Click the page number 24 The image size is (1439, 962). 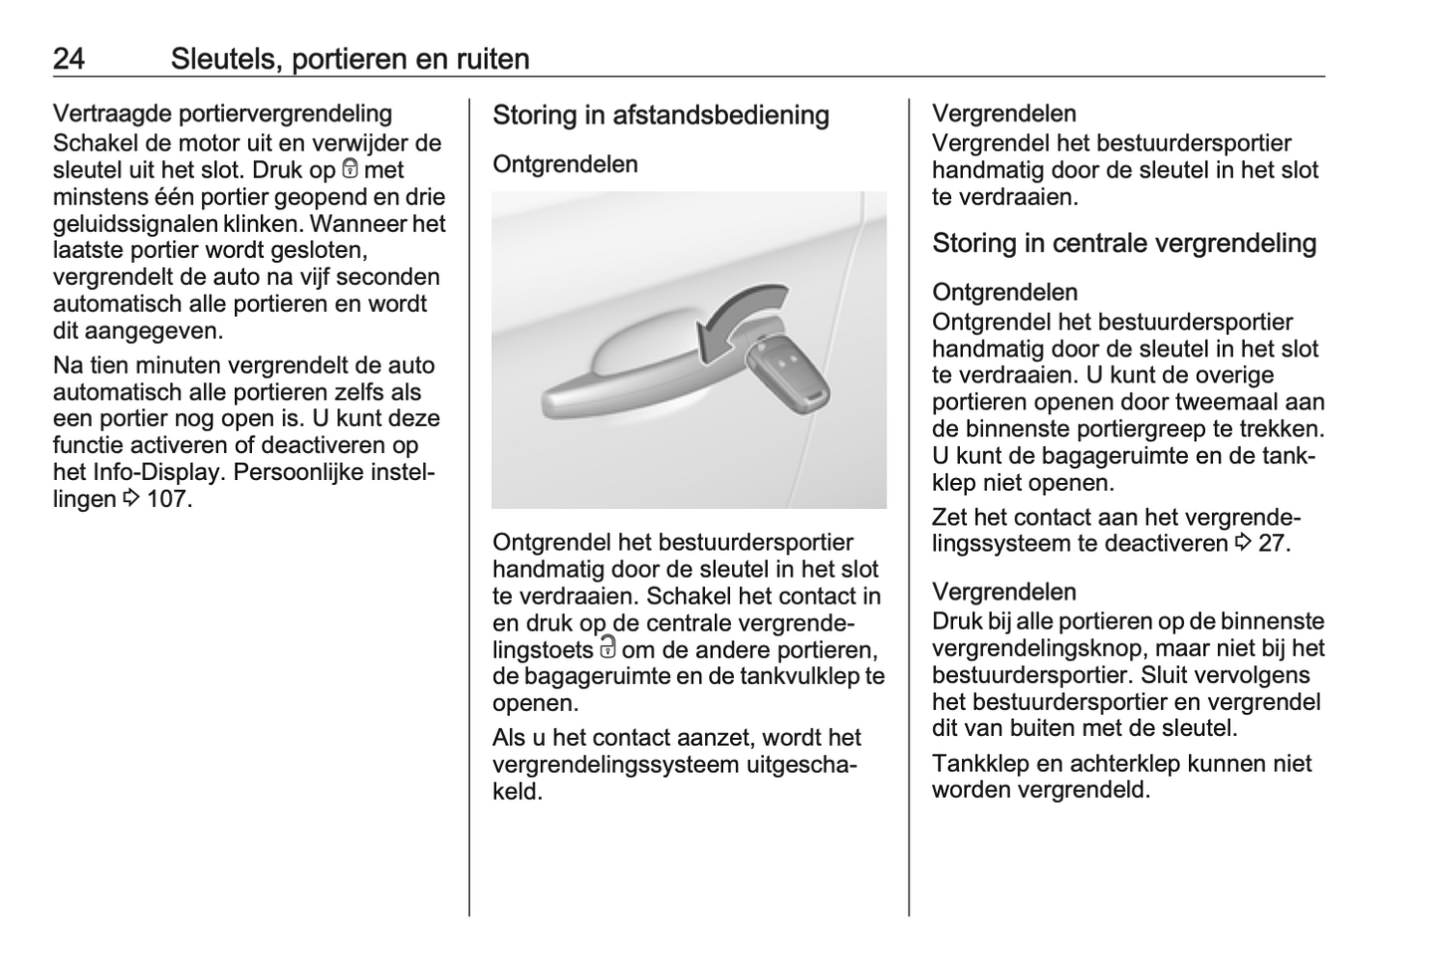click(x=69, y=59)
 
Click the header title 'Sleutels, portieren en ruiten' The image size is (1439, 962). click(x=350, y=59)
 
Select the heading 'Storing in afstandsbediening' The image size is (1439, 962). click(x=660, y=116)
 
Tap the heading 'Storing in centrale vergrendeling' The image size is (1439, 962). click(x=1123, y=244)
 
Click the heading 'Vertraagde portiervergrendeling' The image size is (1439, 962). click(x=222, y=114)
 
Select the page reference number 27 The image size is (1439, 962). click(x=1271, y=544)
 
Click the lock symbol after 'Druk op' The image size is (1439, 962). click(x=350, y=169)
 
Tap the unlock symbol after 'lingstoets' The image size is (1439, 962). click(x=607, y=648)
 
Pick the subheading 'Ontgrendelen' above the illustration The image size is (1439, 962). click(x=565, y=164)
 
